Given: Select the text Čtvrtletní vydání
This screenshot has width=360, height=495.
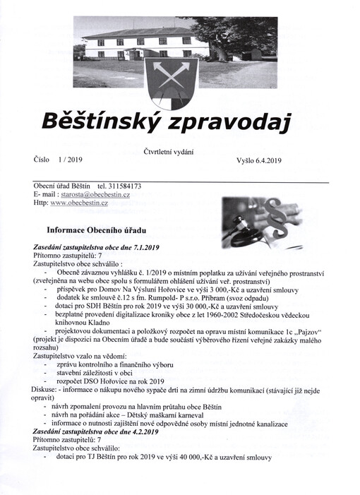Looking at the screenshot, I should (x=167, y=150).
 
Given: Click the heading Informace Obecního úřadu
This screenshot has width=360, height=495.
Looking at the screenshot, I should (x=97, y=231).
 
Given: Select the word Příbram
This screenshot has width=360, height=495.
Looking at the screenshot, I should (x=224, y=298).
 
